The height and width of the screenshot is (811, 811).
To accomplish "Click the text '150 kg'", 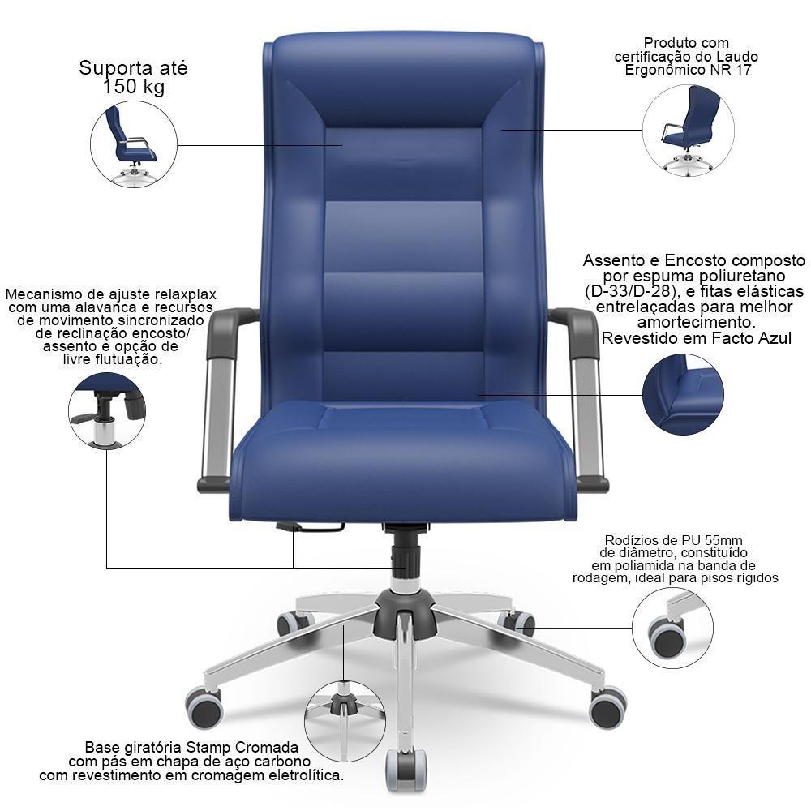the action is (134, 87).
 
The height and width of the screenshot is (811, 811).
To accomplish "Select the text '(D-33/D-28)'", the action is (630, 291).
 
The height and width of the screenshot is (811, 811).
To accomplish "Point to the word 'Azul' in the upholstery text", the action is (772, 338).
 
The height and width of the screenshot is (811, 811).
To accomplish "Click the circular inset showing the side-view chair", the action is (134, 144).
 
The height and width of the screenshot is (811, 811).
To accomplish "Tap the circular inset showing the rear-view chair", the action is (689, 130).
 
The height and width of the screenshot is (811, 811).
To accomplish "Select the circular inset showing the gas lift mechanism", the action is (107, 410).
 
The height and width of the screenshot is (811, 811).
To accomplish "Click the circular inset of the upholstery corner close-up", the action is (683, 394).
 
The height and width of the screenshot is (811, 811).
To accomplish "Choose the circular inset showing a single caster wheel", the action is (672, 628).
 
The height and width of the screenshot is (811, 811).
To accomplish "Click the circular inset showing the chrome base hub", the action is (345, 720).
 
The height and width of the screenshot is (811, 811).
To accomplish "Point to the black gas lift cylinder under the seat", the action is (405, 553).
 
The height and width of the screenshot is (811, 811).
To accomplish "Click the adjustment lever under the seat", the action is (310, 527).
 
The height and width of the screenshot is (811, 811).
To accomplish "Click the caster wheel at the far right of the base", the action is (607, 707).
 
